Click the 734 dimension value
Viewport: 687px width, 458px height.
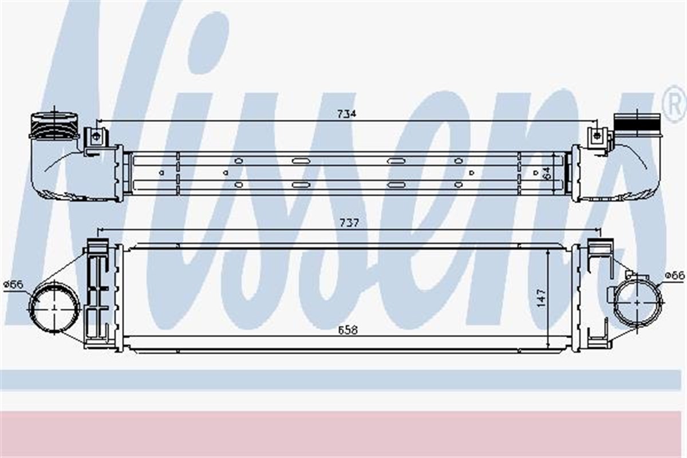346,114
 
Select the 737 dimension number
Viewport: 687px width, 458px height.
349,223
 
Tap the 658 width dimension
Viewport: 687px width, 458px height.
348,330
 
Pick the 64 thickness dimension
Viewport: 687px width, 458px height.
546,172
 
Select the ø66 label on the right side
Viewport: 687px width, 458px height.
674,276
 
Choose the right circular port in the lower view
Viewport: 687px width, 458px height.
638,303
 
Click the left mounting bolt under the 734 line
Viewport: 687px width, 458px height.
96,137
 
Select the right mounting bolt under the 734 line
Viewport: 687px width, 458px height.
597,136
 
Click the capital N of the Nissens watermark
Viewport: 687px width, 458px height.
86,143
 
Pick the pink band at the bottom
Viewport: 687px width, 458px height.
343,434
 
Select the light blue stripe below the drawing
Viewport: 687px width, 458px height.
343,380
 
